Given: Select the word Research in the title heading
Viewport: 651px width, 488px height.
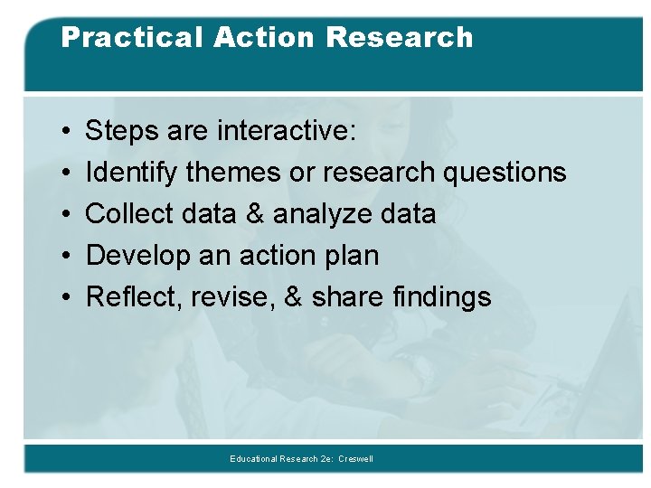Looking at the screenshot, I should coord(400,38).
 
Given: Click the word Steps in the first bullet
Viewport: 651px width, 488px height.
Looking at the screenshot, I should coord(122,132).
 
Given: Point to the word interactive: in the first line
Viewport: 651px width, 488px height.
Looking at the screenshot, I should coord(287,132).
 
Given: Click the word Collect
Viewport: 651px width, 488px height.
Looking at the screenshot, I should coord(128,214).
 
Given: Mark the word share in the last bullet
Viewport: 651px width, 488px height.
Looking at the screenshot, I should coord(347,296).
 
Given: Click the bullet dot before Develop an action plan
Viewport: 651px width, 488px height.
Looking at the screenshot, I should coord(70,256).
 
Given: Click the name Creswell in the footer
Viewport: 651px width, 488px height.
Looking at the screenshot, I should coord(355,459).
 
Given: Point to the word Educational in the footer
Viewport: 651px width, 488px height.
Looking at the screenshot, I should coord(256,459).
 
